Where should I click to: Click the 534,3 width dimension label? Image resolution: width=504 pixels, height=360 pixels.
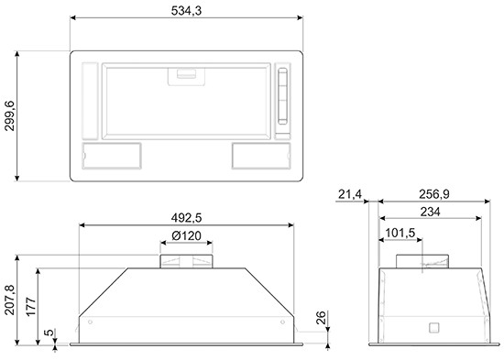pyautogui.click(x=186, y=11)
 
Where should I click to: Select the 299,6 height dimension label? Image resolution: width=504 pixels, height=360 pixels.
pyautogui.click(x=10, y=115)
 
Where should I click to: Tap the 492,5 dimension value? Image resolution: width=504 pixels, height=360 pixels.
pyautogui.click(x=186, y=218)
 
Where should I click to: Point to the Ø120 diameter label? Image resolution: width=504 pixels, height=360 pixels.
pyautogui.click(x=186, y=235)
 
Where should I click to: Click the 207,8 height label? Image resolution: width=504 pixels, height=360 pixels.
pyautogui.click(x=10, y=300)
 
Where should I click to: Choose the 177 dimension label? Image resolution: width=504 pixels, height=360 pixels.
pyautogui.click(x=31, y=307)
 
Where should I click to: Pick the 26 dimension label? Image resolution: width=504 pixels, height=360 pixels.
pyautogui.click(x=321, y=318)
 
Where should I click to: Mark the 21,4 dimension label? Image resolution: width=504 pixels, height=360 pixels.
pyautogui.click(x=350, y=194)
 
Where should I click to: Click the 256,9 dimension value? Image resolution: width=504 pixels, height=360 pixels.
pyautogui.click(x=434, y=194)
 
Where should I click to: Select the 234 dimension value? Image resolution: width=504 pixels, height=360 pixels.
pyautogui.click(x=431, y=212)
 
